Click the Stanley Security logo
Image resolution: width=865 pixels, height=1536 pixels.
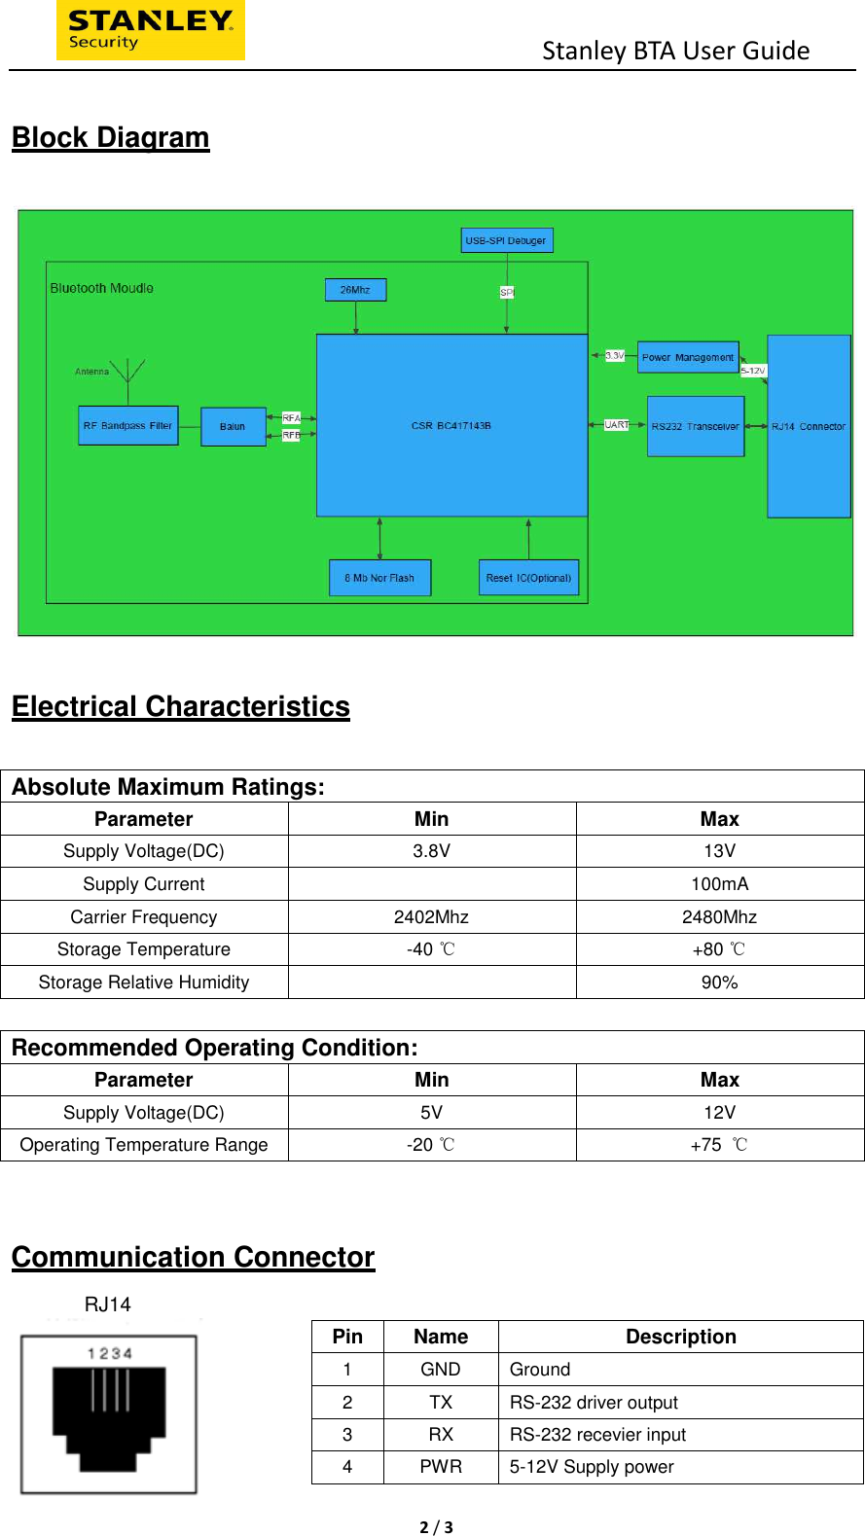click(x=150, y=30)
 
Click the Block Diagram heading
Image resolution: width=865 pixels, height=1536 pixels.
click(x=110, y=138)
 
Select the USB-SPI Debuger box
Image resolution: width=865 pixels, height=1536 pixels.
click(x=506, y=240)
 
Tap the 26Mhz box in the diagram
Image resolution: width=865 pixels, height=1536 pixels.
click(x=355, y=290)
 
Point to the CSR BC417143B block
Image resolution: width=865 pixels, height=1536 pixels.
click(x=451, y=425)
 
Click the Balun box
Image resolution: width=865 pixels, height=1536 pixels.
click(x=233, y=426)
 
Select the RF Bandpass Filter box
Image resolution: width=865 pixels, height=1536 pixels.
click(x=127, y=425)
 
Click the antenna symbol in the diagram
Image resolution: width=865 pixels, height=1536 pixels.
click(x=127, y=371)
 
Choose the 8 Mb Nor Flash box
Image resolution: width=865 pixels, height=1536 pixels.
click(x=379, y=578)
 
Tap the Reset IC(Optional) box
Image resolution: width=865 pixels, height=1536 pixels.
click(x=528, y=578)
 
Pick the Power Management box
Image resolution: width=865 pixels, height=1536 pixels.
click(x=688, y=357)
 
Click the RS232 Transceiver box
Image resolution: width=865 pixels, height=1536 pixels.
click(x=695, y=426)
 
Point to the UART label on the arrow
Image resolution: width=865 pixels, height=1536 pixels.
click(x=617, y=425)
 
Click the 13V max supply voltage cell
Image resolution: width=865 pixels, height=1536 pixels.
click(x=719, y=851)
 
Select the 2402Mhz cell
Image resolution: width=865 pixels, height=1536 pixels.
click(x=431, y=917)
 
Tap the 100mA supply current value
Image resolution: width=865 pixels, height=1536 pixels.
click(x=719, y=884)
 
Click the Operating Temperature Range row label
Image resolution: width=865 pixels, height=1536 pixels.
click(x=144, y=1145)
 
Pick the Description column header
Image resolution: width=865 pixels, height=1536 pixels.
click(x=680, y=1337)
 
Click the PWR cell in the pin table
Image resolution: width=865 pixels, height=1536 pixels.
click(x=441, y=1467)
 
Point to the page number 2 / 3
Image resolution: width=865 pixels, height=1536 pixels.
click(x=436, y=1527)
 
